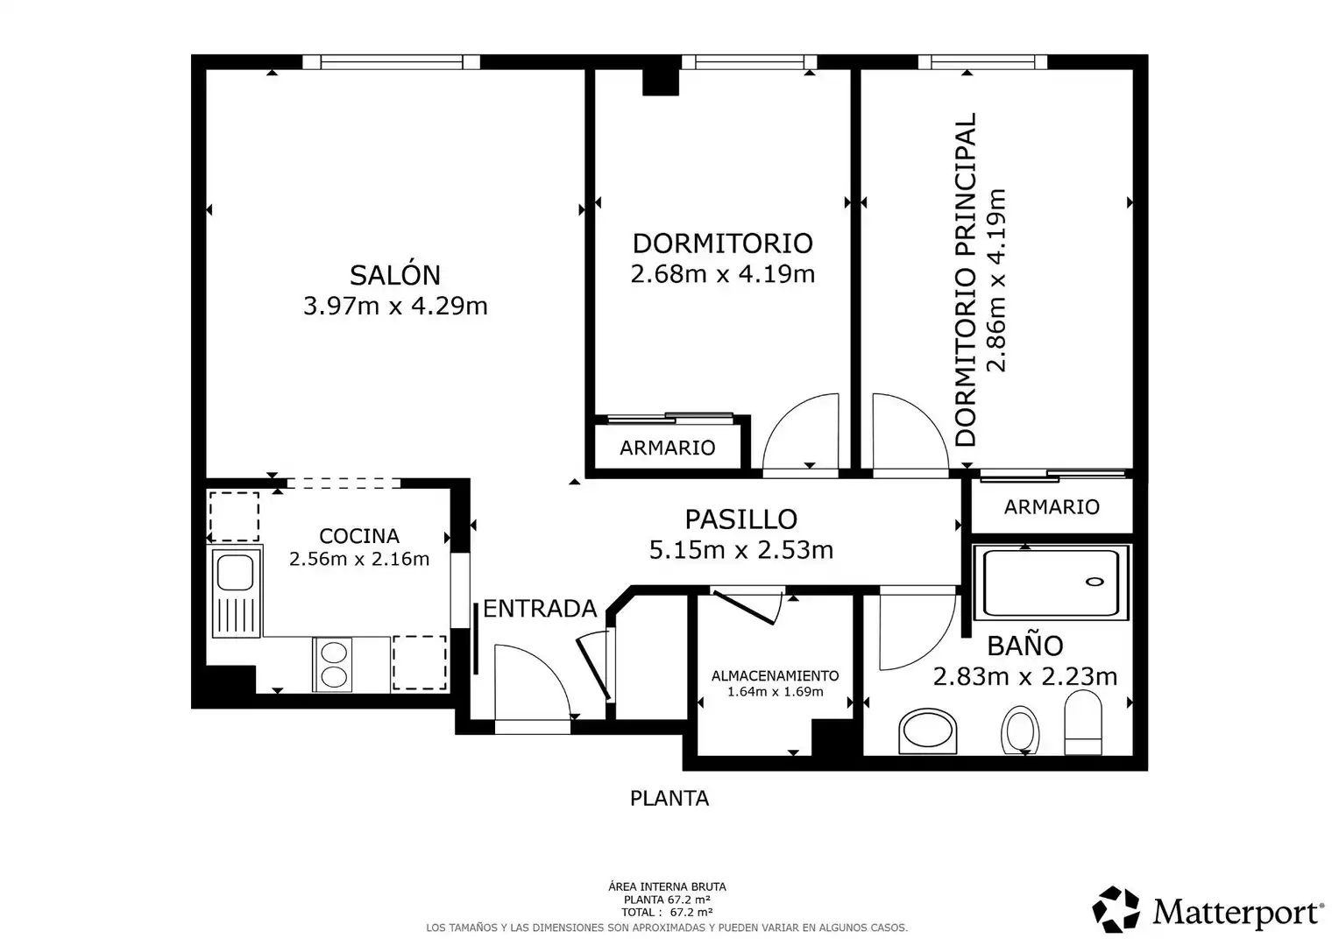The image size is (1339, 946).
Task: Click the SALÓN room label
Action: [395, 275]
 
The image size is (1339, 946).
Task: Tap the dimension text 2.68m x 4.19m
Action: [723, 274]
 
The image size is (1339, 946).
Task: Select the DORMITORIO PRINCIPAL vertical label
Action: [965, 279]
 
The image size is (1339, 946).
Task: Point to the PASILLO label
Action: [741, 519]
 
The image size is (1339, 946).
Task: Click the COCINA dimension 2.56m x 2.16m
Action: [359, 559]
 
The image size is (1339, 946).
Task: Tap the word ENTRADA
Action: [540, 609]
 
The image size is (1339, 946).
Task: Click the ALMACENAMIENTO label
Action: [776, 675]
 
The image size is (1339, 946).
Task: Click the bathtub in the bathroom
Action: [1051, 582]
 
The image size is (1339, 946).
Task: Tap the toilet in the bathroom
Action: [1083, 723]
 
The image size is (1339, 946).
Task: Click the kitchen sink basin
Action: [235, 573]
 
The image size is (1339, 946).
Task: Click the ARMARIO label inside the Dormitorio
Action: [668, 448]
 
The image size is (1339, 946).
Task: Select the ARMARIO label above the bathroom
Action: [1052, 507]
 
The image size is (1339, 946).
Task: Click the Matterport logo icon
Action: [1116, 909]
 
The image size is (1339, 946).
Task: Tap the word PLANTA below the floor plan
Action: [669, 798]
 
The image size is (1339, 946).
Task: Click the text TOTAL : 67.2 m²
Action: [667, 913]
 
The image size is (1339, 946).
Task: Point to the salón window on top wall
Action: [391, 61]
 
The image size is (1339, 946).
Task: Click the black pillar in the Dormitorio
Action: [661, 81]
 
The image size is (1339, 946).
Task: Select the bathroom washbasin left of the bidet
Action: [928, 731]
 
